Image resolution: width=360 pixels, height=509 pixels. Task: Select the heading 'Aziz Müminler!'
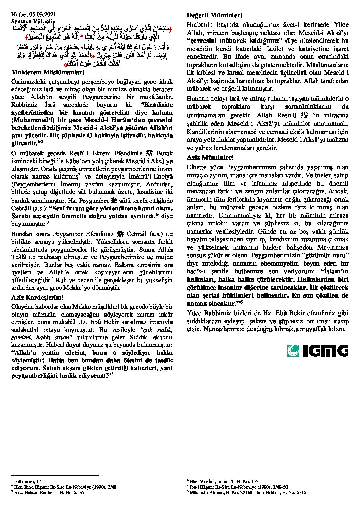coord(210,158)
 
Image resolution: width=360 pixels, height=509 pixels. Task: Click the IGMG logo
coord(317,351)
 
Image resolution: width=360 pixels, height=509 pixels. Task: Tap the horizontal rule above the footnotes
coord(55,476)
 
